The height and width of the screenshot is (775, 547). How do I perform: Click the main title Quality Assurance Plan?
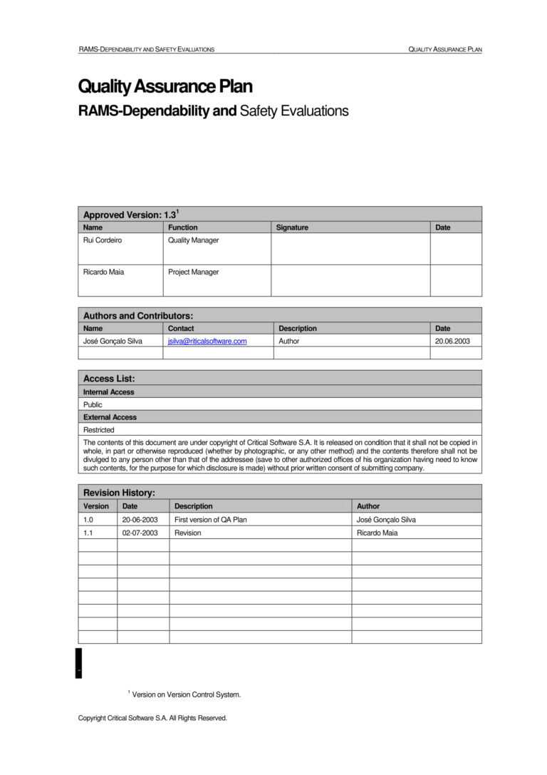(x=165, y=87)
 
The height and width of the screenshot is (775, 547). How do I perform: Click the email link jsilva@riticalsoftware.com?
(x=207, y=342)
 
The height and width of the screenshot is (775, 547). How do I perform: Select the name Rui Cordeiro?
(x=103, y=240)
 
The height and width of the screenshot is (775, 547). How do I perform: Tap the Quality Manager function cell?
(x=193, y=240)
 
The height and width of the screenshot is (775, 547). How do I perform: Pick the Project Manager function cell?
(x=193, y=272)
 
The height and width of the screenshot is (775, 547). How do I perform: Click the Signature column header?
(x=292, y=227)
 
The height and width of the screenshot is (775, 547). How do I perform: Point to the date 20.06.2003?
(x=452, y=342)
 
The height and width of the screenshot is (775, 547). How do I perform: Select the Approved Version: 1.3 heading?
(x=130, y=215)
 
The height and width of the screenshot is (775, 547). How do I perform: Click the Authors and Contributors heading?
(x=138, y=316)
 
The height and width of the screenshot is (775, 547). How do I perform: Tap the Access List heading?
(x=109, y=379)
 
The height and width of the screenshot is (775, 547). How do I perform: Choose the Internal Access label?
(x=108, y=392)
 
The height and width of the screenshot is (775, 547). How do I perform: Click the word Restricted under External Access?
(x=98, y=430)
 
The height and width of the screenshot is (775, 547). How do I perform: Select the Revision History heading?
(x=119, y=493)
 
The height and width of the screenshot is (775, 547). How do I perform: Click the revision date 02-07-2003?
(x=140, y=533)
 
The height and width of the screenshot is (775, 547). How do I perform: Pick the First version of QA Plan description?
(x=211, y=520)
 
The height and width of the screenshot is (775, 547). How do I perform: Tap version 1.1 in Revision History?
(x=89, y=533)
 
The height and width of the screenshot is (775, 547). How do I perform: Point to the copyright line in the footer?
(x=152, y=718)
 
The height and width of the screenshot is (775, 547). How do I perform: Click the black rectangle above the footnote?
(x=79, y=663)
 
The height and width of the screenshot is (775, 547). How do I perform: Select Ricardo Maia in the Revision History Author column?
(x=377, y=533)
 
